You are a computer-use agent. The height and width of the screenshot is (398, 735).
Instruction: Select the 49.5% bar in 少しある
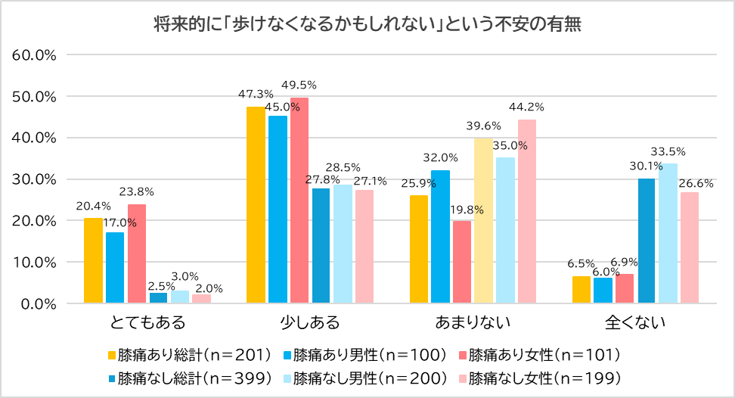[x=299, y=201]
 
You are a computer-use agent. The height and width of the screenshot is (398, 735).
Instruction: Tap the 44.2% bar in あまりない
[x=527, y=211]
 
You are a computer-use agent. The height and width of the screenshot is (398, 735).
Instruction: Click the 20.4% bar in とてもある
[x=93, y=260]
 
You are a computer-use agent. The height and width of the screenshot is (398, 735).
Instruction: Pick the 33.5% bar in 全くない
[x=668, y=233]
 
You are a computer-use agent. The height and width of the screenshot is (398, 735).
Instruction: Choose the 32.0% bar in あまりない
[x=441, y=237]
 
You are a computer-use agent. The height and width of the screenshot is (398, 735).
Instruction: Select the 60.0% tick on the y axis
[x=36, y=55]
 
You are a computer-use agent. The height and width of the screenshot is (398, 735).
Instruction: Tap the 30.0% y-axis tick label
[x=36, y=179]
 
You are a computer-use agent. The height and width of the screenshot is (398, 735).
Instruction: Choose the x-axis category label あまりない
[x=473, y=323]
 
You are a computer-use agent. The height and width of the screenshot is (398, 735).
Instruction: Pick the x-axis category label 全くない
[x=635, y=323]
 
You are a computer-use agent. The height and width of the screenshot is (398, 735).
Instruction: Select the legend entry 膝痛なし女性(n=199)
[x=543, y=377]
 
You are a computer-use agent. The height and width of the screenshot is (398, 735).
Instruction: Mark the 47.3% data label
[x=255, y=95]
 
